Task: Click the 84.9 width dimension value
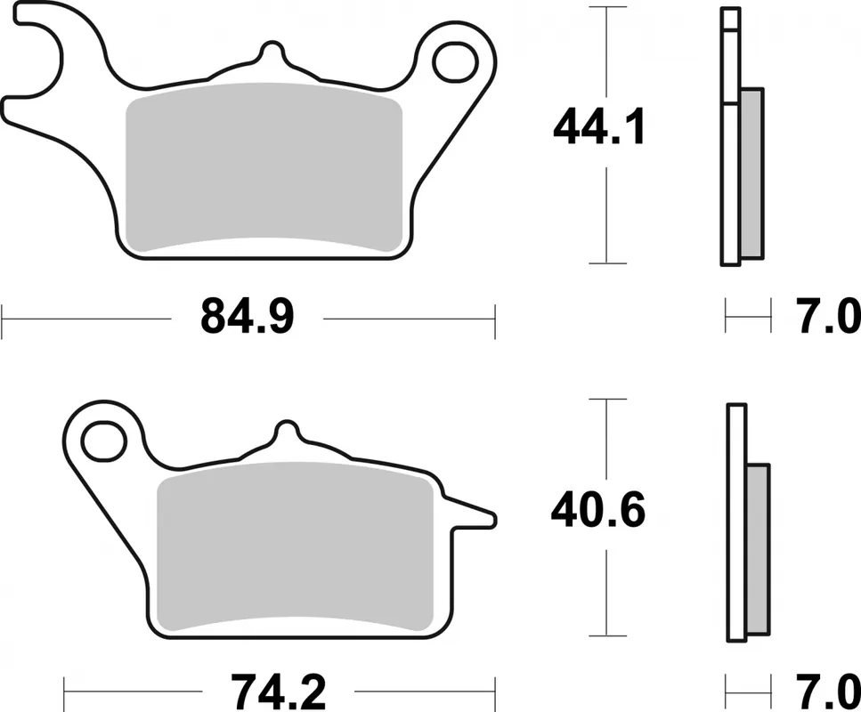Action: (247, 316)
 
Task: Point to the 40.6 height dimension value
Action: (597, 510)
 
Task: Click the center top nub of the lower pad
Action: (288, 432)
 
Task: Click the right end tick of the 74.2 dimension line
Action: (494, 692)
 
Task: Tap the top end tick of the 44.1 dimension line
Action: (606, 7)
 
